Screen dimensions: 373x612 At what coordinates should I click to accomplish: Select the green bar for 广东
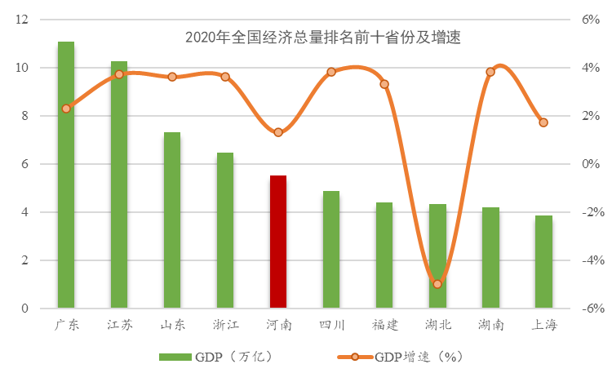(66, 175)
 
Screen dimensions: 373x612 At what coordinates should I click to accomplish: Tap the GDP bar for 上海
(543, 262)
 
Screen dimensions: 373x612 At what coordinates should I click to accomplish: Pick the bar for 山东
(172, 220)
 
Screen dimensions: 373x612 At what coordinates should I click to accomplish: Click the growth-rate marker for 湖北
(437, 284)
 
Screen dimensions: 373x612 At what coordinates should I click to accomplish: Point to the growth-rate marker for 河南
(278, 132)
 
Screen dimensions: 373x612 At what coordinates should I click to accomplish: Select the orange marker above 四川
(331, 72)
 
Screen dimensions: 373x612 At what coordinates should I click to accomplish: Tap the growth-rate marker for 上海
(543, 122)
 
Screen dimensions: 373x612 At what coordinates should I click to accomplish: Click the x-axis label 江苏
(119, 325)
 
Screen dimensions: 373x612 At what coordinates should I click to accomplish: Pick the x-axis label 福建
(384, 325)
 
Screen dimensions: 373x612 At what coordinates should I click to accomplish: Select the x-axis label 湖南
(490, 325)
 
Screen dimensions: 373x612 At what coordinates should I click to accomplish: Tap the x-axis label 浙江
(225, 325)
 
